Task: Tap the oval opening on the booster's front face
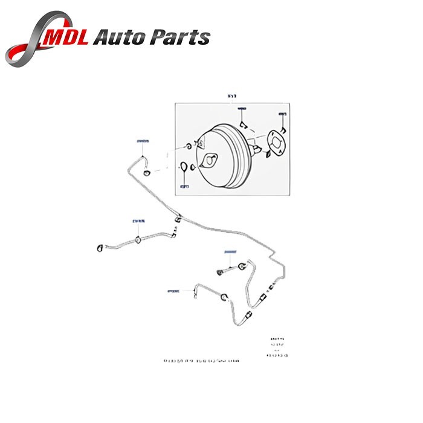[210, 161]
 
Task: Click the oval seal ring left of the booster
[183, 167]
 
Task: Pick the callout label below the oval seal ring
[184, 186]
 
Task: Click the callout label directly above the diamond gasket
[282, 113]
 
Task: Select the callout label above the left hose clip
[138, 221]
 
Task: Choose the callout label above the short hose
[229, 251]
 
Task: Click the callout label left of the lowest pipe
[173, 291]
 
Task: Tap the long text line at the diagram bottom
[201, 361]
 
